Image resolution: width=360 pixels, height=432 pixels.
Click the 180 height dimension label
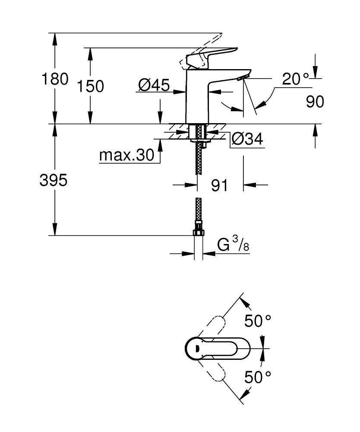coord(54,79)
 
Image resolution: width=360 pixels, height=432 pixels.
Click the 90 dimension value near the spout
coord(315,102)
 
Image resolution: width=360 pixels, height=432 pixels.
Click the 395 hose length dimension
coord(54,181)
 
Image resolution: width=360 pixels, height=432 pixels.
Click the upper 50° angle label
coord(258,321)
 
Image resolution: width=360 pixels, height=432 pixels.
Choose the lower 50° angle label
coord(258,377)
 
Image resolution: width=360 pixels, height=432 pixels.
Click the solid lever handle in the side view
coord(212,55)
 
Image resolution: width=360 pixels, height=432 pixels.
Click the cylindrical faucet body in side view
coord(196,97)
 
